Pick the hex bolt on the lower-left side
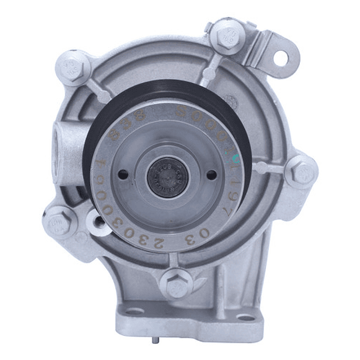pos(60,221)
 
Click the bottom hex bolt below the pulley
pos(175,283)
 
